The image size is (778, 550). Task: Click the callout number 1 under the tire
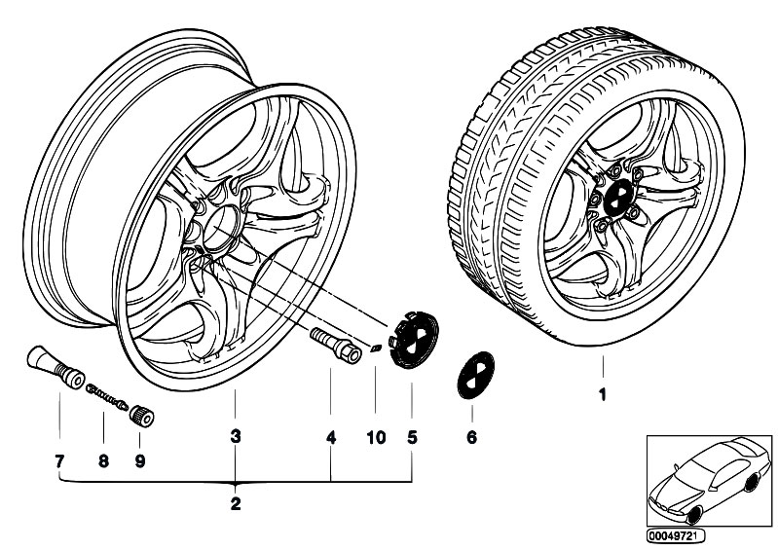tap(602, 395)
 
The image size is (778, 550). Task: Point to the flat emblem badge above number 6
tap(471, 375)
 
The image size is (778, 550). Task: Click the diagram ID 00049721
tap(679, 534)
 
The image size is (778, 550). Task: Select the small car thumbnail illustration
tap(706, 483)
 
